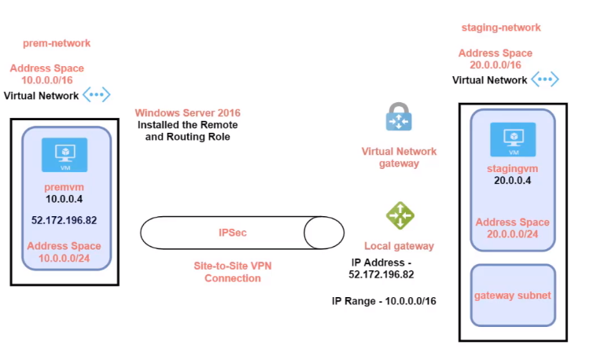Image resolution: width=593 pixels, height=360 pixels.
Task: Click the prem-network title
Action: tap(57, 43)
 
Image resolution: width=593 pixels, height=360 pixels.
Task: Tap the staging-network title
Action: tap(501, 28)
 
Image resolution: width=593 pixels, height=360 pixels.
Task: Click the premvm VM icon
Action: tap(64, 154)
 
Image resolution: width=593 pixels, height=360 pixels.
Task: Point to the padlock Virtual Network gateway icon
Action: tap(400, 118)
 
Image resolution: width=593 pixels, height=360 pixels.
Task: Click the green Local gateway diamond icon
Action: tap(400, 215)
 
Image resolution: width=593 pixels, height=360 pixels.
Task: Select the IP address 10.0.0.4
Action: tap(64, 200)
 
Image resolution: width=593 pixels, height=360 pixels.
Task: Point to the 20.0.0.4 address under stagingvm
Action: tap(513, 180)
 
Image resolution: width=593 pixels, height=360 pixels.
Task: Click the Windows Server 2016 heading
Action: tap(186, 113)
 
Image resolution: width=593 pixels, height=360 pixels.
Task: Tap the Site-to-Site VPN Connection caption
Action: tap(232, 272)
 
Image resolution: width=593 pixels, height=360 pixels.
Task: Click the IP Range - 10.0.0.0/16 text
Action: tap(384, 301)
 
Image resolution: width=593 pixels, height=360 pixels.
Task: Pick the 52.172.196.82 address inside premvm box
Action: tap(64, 221)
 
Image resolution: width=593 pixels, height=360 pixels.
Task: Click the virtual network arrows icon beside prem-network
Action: tap(97, 95)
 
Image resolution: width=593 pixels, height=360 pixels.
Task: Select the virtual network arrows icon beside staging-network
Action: tap(544, 79)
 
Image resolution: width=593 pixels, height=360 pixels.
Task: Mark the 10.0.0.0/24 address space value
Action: tap(64, 258)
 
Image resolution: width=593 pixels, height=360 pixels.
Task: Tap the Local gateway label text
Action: tap(399, 246)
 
